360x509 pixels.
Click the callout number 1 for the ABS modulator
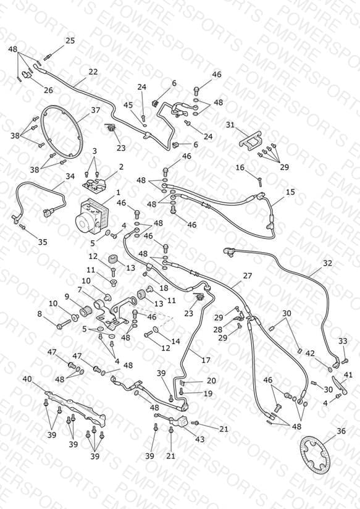(x=118, y=193)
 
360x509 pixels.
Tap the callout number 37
(x=96, y=111)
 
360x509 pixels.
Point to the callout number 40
(x=27, y=379)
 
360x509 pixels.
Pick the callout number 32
(x=327, y=263)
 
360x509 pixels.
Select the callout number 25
(x=70, y=41)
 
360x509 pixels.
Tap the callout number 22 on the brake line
(x=93, y=72)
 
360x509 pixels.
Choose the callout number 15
(x=290, y=192)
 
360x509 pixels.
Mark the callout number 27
(x=248, y=276)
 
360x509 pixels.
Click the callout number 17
(x=206, y=360)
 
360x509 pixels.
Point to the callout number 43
(x=199, y=439)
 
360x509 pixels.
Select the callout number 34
(x=70, y=176)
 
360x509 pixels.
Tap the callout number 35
(x=43, y=242)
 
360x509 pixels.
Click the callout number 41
(x=348, y=375)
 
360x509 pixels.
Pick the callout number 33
(x=343, y=341)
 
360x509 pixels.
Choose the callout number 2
(x=121, y=167)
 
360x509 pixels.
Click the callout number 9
(x=67, y=297)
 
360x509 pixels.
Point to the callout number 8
(x=40, y=314)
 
